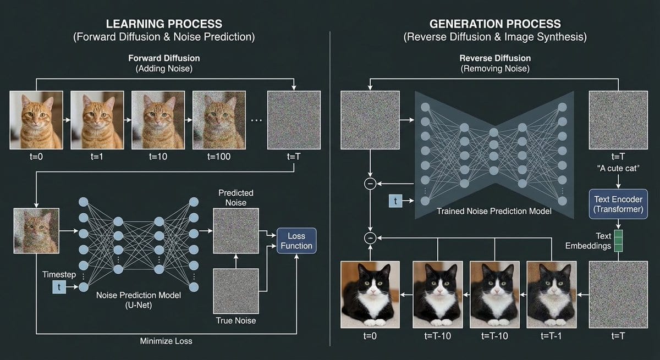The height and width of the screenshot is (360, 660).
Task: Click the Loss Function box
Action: (296, 241)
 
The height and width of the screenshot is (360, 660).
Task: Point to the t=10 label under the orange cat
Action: (158, 157)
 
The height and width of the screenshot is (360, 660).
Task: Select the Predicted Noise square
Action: (235, 237)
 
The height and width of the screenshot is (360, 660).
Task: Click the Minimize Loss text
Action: (166, 341)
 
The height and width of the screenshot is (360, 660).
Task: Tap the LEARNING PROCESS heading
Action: (164, 24)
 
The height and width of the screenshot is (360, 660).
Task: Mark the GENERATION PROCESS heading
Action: (494, 24)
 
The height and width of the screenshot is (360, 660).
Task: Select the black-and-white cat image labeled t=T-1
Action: (552, 295)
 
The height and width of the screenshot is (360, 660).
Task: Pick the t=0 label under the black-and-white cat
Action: (370, 335)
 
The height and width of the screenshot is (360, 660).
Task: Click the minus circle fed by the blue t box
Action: (370, 184)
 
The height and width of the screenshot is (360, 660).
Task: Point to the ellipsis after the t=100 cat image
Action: (256, 120)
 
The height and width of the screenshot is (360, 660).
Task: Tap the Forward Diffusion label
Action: (164, 58)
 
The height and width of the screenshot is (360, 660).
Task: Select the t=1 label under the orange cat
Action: (97, 157)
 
